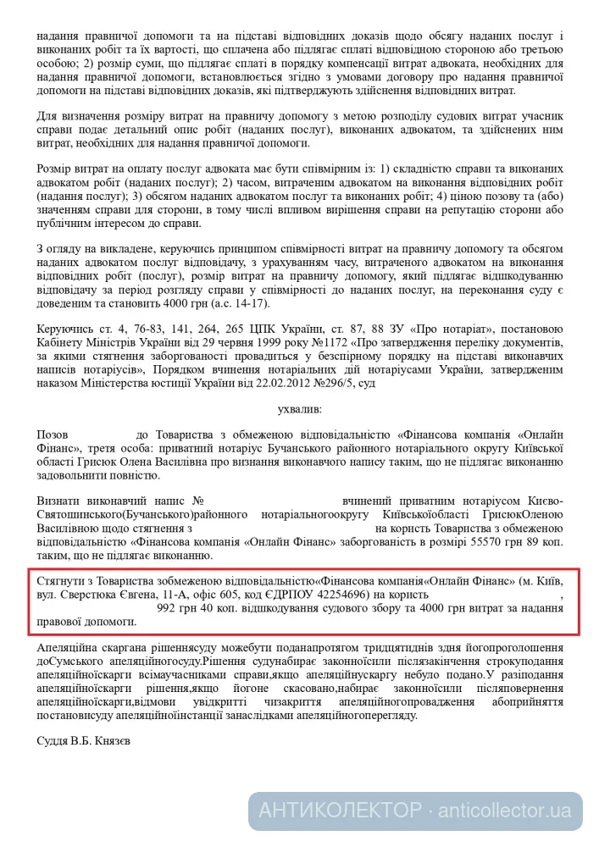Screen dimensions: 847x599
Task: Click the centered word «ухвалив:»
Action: [299, 408]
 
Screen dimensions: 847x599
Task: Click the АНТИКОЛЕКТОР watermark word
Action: [340, 811]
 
